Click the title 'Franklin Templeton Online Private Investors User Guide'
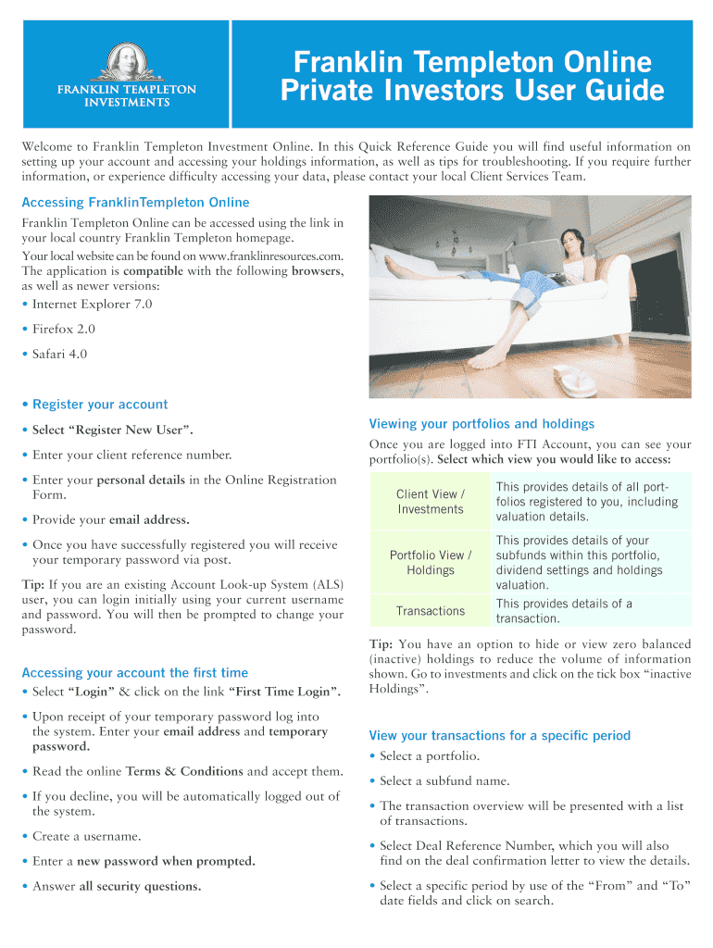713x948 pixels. (x=472, y=78)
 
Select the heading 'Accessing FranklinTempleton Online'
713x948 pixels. (x=135, y=202)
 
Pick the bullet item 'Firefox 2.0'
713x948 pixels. (x=63, y=329)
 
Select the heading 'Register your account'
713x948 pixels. (x=100, y=404)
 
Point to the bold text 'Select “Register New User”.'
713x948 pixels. (x=113, y=430)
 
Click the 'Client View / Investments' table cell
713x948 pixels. (x=430, y=502)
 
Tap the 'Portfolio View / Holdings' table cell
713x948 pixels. (x=430, y=562)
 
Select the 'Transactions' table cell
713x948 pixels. (x=430, y=611)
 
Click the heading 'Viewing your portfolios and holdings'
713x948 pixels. (x=482, y=424)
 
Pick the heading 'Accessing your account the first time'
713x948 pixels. (x=135, y=672)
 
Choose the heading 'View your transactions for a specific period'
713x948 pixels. (x=499, y=735)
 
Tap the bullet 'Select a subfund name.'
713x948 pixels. (x=444, y=780)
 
